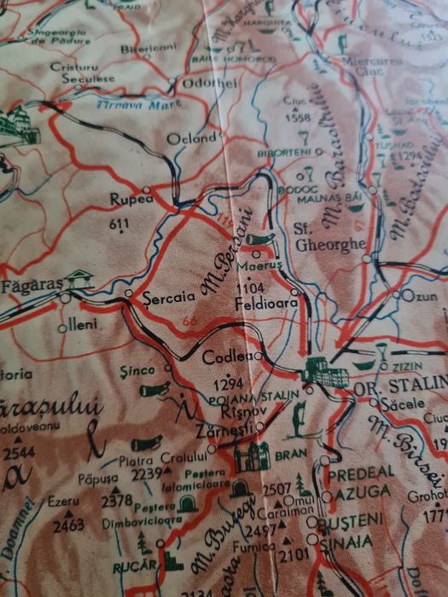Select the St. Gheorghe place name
tap(318, 236)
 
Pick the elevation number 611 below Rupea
tap(119, 223)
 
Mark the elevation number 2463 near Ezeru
tap(67, 526)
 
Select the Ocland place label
tap(191, 138)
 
